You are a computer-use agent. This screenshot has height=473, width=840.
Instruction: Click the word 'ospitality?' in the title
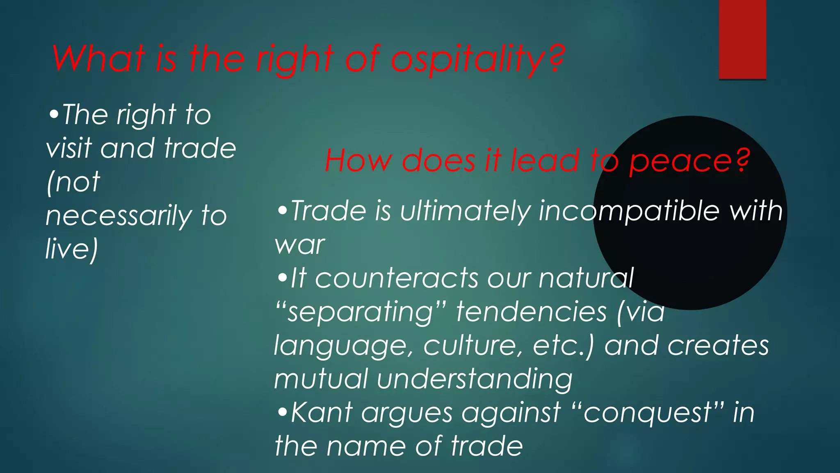(478, 60)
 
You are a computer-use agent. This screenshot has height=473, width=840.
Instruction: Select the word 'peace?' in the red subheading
(689, 161)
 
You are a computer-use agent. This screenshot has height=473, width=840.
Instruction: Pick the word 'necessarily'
(119, 216)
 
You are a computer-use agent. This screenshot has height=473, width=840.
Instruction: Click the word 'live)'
(72, 249)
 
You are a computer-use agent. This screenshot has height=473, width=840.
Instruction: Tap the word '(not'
(73, 181)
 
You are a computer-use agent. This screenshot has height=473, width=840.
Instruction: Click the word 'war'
(300, 245)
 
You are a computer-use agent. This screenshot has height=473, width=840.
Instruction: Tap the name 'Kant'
(322, 413)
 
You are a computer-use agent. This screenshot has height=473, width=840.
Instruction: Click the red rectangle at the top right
(742, 39)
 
